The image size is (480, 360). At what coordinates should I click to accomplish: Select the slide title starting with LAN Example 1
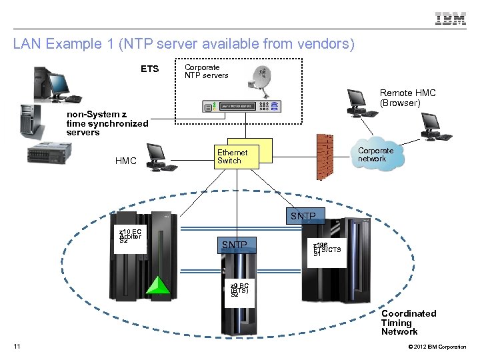pyautogui.click(x=184, y=45)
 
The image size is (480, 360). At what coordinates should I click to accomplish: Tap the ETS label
pyautogui.click(x=149, y=69)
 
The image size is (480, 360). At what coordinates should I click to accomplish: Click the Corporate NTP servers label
pyautogui.click(x=206, y=71)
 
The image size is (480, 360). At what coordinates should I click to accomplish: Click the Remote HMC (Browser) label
pyautogui.click(x=407, y=98)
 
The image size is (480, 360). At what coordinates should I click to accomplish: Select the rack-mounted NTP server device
pyautogui.click(x=241, y=107)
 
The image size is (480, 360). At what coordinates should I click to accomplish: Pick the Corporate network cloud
pyautogui.click(x=377, y=156)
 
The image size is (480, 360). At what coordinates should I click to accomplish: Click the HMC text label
pyautogui.click(x=126, y=161)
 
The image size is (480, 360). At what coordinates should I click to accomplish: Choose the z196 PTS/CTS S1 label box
pyautogui.click(x=327, y=250)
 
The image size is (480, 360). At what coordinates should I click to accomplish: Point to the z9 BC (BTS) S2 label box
pyautogui.click(x=239, y=290)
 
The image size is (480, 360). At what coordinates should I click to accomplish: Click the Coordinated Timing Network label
pyautogui.click(x=408, y=323)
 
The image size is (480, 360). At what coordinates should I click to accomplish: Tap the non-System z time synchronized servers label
pyautogui.click(x=107, y=123)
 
